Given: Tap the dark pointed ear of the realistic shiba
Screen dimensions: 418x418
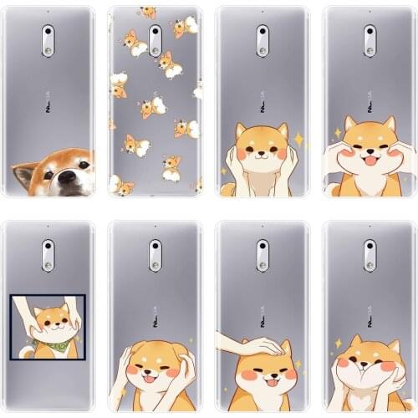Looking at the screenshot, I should point(19,173).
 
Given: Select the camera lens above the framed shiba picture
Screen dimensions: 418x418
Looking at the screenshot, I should point(48,250).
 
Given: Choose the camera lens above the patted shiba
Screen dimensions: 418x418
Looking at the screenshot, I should point(262,250).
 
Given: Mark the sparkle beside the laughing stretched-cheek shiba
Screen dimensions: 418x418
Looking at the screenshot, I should point(337,132).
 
